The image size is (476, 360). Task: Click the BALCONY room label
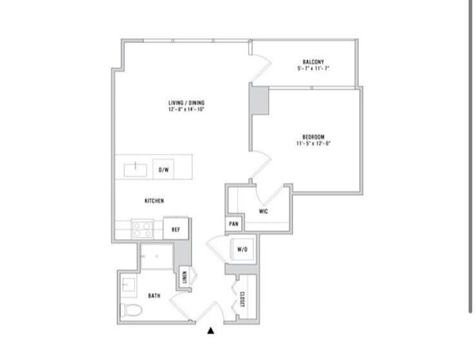[313, 62]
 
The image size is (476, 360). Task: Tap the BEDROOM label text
[313, 137]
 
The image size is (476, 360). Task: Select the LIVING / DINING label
[186, 103]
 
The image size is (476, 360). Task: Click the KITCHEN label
[154, 201]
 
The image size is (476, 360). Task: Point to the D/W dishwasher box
[163, 169]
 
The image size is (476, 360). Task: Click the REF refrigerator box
[176, 228]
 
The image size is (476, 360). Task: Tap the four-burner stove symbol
[142, 229]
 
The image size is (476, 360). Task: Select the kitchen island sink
[136, 170]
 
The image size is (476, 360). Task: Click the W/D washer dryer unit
[242, 249]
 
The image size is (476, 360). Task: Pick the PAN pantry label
[234, 224]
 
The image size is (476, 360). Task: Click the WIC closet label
[263, 211]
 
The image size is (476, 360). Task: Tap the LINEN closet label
[184, 277]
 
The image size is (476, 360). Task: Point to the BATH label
[154, 296]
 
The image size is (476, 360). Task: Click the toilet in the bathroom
[132, 310]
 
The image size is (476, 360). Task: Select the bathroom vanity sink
[129, 285]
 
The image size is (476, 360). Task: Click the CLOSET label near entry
[242, 299]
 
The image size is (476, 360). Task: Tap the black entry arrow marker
[211, 331]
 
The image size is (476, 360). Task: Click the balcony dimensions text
[313, 68]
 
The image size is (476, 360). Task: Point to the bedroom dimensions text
[313, 144]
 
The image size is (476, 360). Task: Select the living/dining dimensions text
[186, 109]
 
